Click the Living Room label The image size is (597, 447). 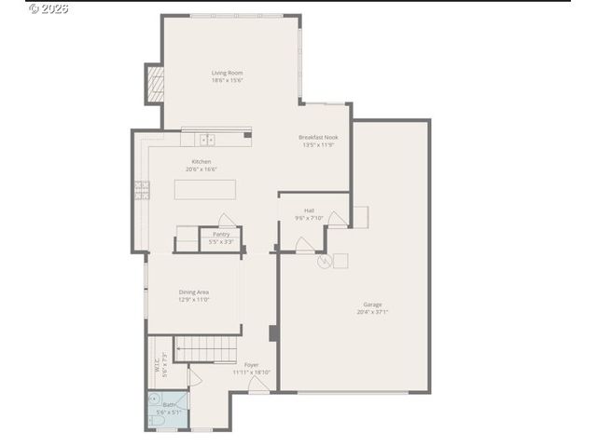click(x=227, y=73)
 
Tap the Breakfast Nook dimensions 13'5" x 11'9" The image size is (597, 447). click(x=318, y=145)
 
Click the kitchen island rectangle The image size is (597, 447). click(x=205, y=189)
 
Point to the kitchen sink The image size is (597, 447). click(x=206, y=140)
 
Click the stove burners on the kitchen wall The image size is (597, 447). click(x=142, y=190)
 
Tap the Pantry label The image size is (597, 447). click(x=221, y=234)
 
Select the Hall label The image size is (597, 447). click(x=309, y=210)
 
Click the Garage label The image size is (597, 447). click(x=372, y=305)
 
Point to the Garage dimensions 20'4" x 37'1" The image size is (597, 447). click(x=372, y=313)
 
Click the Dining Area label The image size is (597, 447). click(x=194, y=292)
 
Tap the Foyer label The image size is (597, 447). click(x=252, y=365)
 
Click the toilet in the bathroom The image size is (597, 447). click(x=156, y=421)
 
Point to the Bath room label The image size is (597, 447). click(x=168, y=404)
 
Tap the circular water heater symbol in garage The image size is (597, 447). click(x=324, y=262)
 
